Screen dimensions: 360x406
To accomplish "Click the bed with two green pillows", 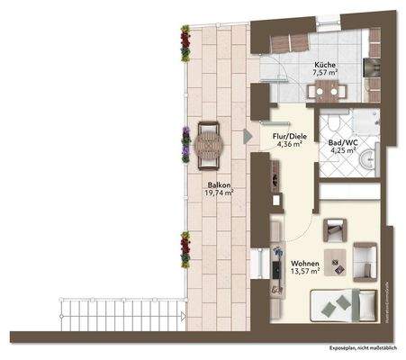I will coord(339,305).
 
